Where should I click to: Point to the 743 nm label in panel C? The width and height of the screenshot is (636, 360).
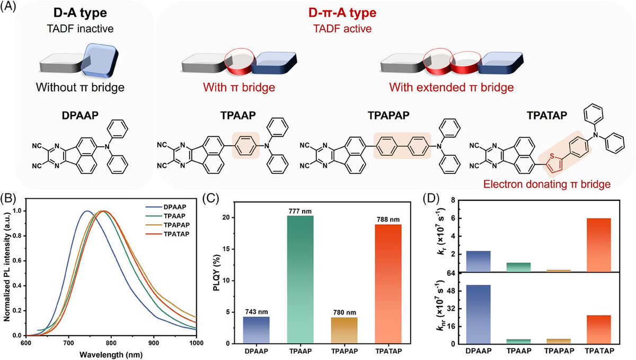pos(256,311)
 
